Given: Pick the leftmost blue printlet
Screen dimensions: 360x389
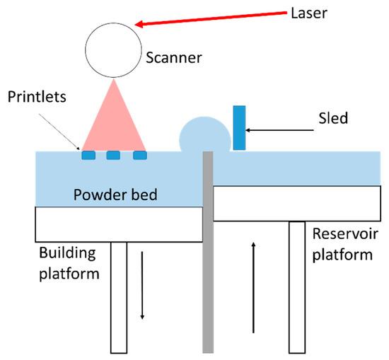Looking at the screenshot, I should pos(88,155).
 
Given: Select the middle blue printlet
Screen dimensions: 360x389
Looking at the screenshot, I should pos(113,155).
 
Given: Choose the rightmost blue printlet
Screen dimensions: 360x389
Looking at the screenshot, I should pos(139,155).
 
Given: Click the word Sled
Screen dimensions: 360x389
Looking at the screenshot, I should pos(332,118).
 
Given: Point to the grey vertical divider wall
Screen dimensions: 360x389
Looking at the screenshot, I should pos(207,255).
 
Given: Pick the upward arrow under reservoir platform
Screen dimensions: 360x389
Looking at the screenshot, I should pos(252,286).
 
